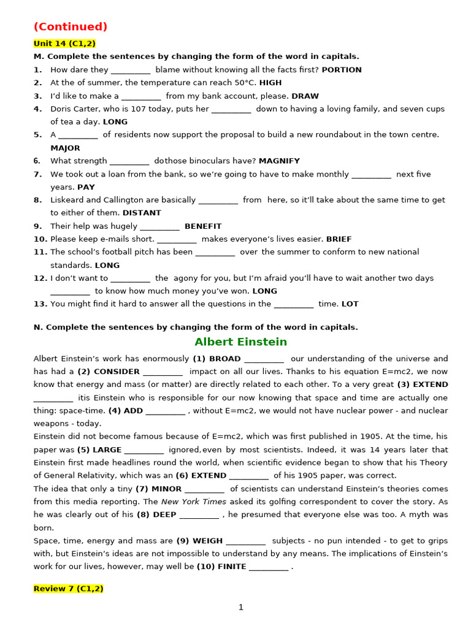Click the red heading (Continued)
pos(71,26)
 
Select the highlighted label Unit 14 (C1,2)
pos(64,44)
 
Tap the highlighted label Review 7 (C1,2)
pos(68,589)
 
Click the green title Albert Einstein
pos(240,342)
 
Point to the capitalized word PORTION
pos(342,70)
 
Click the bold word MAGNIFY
pos(279,161)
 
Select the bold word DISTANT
pos(142,213)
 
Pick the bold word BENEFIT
pos(203,226)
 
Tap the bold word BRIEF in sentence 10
pos(339,239)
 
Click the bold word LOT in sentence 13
pos(350,304)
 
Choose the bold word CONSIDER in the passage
pos(117,372)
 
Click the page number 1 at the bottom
pos(240,607)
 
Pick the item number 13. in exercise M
pos(40,304)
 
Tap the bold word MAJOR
pos(65,148)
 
